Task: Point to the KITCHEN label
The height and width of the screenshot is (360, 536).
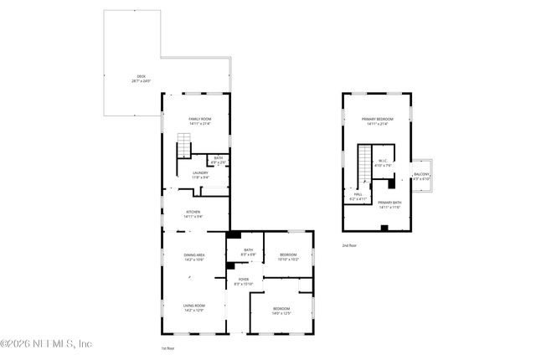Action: click(x=193, y=213)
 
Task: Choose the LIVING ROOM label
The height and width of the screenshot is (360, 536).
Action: click(x=195, y=307)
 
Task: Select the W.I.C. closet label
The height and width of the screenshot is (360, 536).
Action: click(x=381, y=162)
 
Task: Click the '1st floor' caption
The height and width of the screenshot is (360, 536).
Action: click(x=168, y=347)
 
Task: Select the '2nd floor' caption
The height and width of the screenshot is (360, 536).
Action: click(x=349, y=246)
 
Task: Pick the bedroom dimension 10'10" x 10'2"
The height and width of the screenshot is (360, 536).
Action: click(x=288, y=259)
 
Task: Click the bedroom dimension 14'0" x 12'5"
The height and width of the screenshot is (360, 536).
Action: click(x=281, y=314)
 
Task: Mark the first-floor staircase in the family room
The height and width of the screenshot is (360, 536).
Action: click(x=183, y=150)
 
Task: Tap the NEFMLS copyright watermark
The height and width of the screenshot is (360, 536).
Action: click(x=46, y=343)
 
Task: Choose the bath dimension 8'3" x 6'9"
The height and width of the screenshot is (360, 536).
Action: click(x=249, y=254)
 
